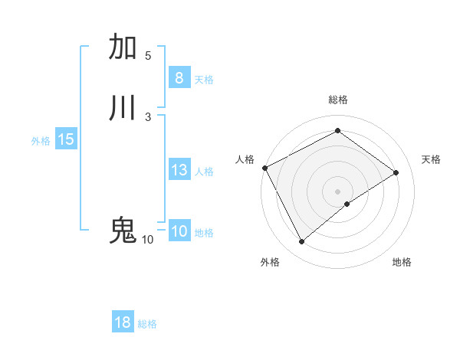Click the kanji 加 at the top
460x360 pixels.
click(123, 47)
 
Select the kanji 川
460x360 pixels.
click(123, 107)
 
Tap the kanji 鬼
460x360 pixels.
click(123, 231)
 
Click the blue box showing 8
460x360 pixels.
click(179, 78)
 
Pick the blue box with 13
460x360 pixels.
click(179, 170)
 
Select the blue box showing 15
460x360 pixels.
click(66, 139)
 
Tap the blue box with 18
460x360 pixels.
click(122, 322)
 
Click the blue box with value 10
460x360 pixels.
click(179, 231)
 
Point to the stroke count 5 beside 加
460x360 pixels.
click(148, 55)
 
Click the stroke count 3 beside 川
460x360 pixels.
click(148, 116)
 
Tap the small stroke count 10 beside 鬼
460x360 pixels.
click(147, 240)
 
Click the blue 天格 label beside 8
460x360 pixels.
click(204, 80)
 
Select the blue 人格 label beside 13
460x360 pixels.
click(204, 172)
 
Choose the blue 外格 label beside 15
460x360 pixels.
click(41, 141)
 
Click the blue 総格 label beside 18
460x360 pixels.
click(147, 324)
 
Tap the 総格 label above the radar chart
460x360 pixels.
click(337, 100)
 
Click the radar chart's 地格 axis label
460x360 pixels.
click(402, 262)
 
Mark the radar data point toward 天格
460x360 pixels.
click(396, 172)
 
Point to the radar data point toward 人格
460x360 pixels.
click(264, 168)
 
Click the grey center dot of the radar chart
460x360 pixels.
click(337, 191)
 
